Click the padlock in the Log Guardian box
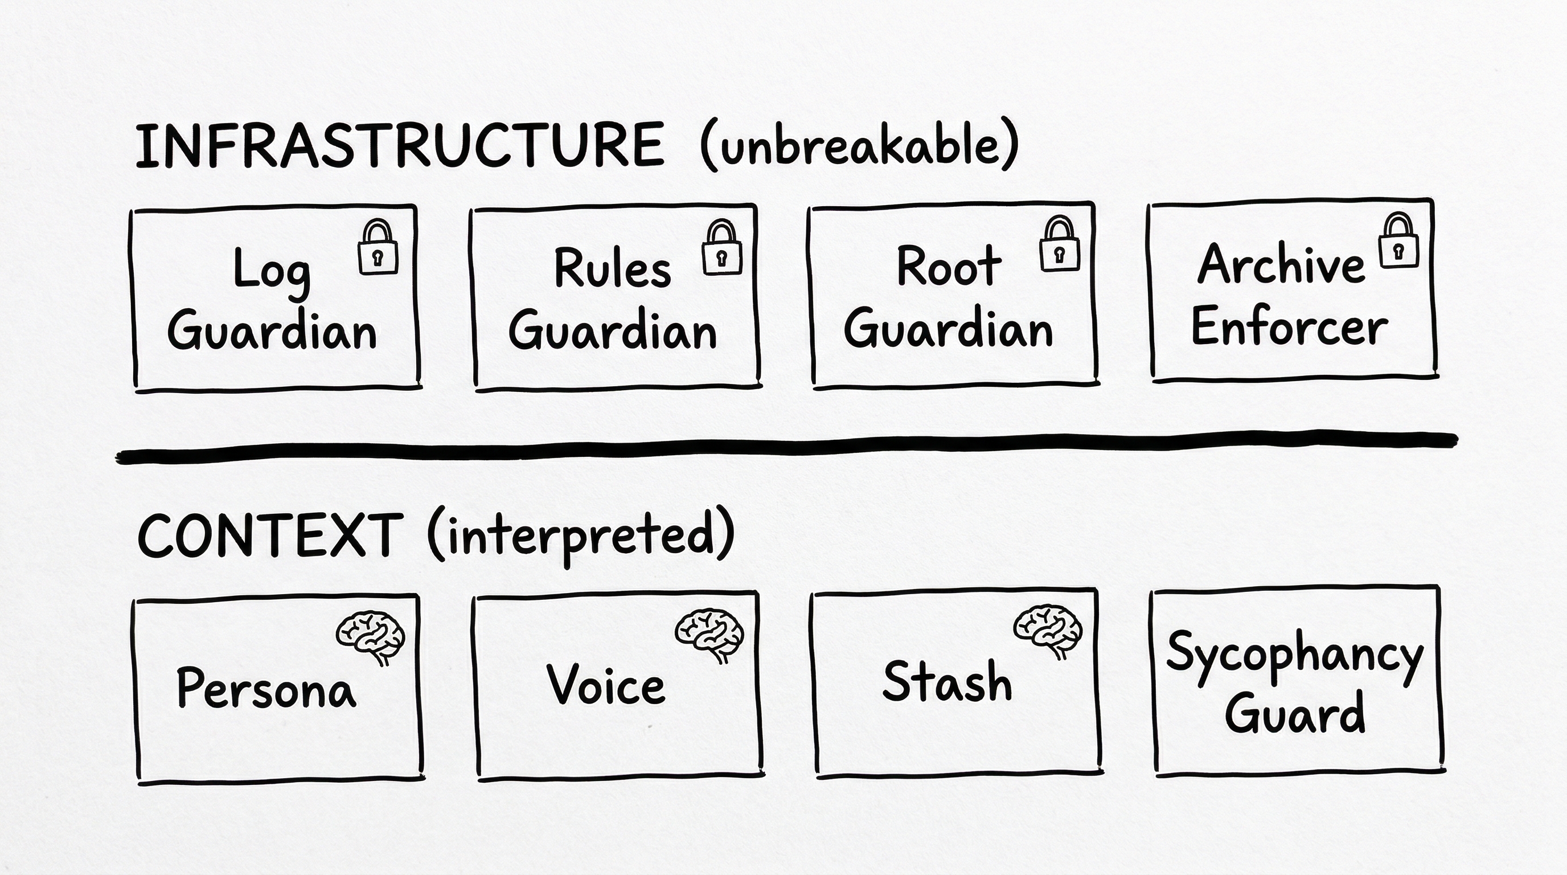point(378,248)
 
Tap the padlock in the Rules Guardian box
point(721,248)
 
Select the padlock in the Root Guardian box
point(1059,245)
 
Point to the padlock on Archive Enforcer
point(1399,241)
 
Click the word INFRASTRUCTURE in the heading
point(399,146)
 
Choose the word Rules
point(612,268)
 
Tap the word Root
point(949,267)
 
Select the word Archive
point(1281,264)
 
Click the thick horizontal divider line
point(785,448)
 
